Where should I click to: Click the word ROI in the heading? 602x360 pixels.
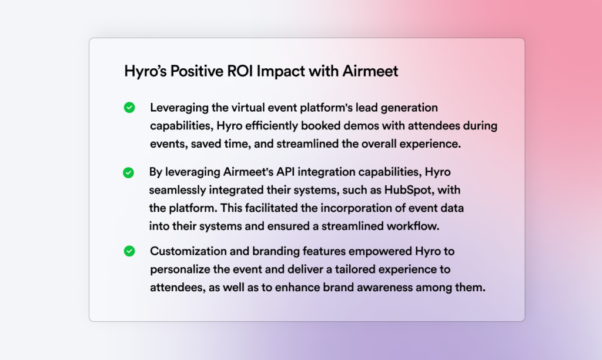tap(240, 71)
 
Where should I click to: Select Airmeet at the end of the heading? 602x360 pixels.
tap(370, 71)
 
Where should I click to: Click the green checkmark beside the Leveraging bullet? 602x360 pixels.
tap(129, 108)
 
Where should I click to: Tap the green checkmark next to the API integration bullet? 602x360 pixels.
tap(128, 173)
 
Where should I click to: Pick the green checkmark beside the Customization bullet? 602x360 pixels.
tap(129, 251)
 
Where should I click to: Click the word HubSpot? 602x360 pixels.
tap(409, 190)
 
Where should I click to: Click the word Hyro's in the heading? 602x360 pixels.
tap(145, 71)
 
